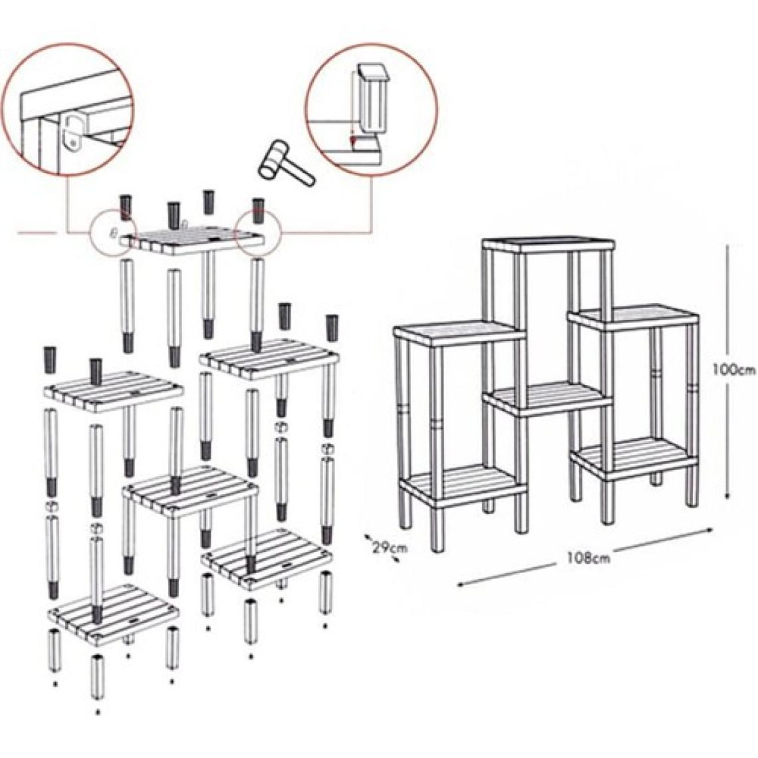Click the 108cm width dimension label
tap(588, 558)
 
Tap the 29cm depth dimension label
tap(390, 548)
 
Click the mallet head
tap(273, 160)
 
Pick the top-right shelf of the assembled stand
tap(634, 317)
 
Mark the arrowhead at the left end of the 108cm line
tap(461, 584)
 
